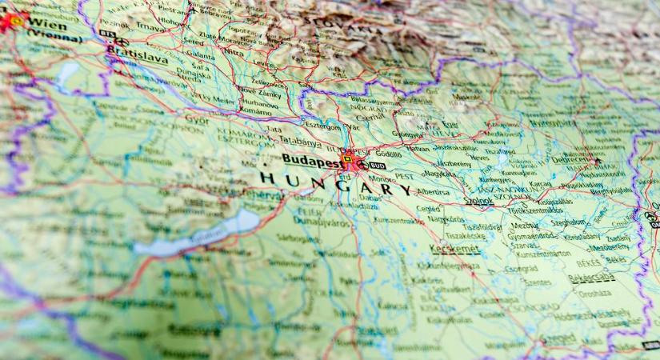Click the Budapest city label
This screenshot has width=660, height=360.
pos(308,160)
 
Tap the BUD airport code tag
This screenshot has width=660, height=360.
pos(378,166)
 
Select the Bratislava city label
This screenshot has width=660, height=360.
pos(137,58)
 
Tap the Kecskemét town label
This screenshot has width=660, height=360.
pos(454,249)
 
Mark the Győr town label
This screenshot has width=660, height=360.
pos(196,119)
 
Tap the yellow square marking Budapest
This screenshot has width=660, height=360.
pos(346,159)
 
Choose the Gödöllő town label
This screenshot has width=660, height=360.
pos(388,154)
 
